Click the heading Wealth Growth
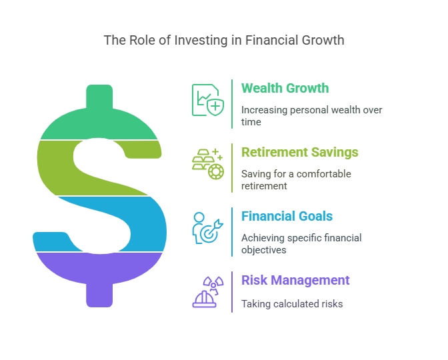click(285, 88)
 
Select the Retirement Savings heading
click(300, 152)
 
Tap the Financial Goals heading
click(287, 216)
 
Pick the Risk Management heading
click(295, 280)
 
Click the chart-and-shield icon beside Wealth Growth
click(208, 100)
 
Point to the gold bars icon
click(208, 164)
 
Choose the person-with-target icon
click(208, 228)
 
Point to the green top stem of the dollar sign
click(99, 97)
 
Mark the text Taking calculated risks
click(292, 304)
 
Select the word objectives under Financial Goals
click(264, 250)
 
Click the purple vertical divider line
click(232, 292)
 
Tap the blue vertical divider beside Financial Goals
click(232, 232)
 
